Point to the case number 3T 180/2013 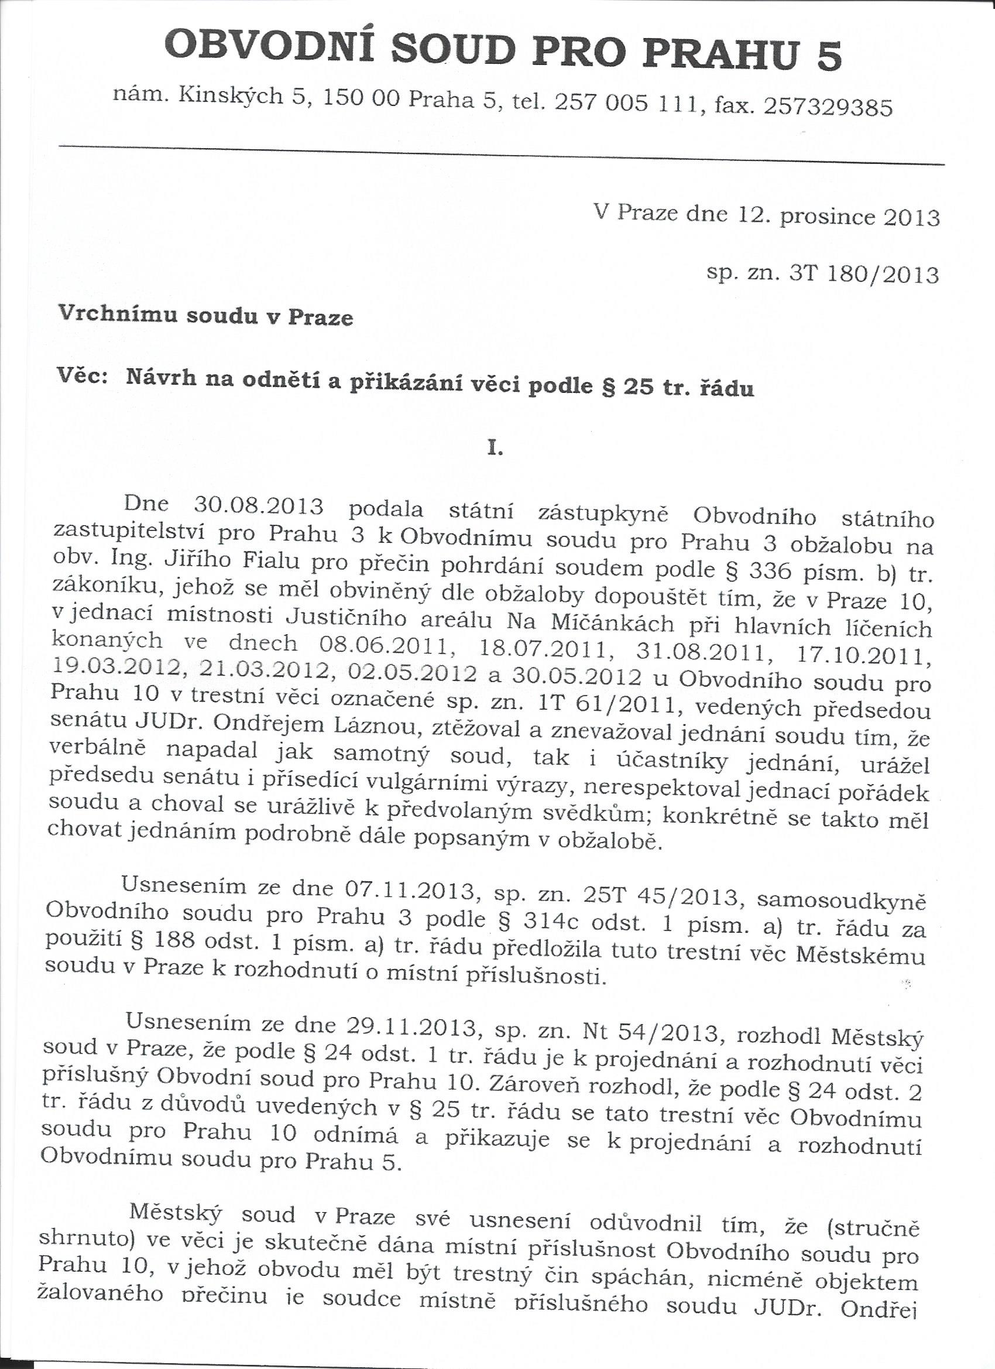point(863,275)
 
